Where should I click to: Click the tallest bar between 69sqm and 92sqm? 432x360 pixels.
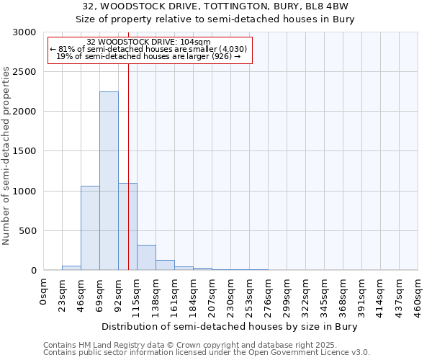click(x=109, y=181)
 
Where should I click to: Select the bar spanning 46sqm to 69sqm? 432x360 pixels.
click(x=90, y=228)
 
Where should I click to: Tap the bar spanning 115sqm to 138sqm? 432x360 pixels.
click(x=146, y=257)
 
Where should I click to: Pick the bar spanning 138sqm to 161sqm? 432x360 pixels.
click(x=165, y=265)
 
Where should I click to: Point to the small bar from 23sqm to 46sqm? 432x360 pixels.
click(x=71, y=268)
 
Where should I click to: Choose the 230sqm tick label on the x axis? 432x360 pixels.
click(x=231, y=295)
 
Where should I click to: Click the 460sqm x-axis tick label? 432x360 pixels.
click(x=418, y=295)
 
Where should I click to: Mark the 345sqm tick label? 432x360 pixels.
click(x=325, y=295)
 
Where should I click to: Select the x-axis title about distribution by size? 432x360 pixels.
click(x=230, y=326)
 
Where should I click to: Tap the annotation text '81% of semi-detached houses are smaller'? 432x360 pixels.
click(x=149, y=49)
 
